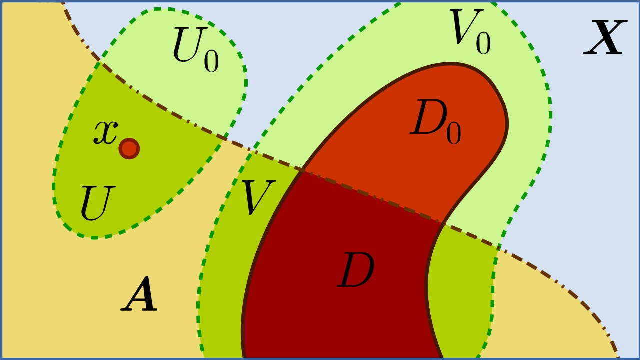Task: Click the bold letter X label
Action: pos(605,38)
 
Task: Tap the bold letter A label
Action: pos(140,296)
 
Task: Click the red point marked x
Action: pos(129,148)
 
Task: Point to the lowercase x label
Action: pos(105,132)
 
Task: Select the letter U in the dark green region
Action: pos(97,203)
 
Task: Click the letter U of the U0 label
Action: pos(186,46)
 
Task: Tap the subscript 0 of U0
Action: pos(211,62)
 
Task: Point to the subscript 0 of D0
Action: pos(453,134)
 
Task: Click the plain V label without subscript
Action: pos(257,197)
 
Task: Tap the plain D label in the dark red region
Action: pos(356,271)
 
